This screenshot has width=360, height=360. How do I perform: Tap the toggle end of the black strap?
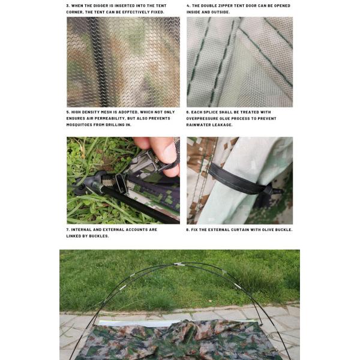pyautogui.click(x=277, y=191)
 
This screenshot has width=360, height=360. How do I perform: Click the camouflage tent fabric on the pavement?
pyautogui.click(x=180, y=342)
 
